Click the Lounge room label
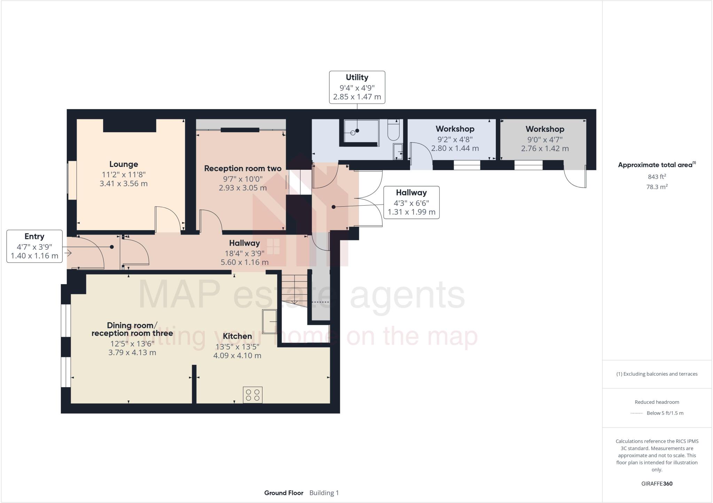[x=124, y=164]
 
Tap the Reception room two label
[x=243, y=168]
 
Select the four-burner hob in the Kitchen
[x=253, y=395]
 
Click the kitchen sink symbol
[x=269, y=321]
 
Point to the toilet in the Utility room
[x=394, y=130]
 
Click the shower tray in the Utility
[x=361, y=131]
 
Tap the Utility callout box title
[x=357, y=77]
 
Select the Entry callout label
[x=34, y=236]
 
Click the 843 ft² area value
[x=657, y=177]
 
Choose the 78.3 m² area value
[x=657, y=187]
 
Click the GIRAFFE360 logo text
[x=657, y=484]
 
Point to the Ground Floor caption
[x=283, y=493]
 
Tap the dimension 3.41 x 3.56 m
[x=124, y=183]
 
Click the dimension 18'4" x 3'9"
[x=244, y=253]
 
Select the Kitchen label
[x=237, y=336]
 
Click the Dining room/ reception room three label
[x=132, y=329]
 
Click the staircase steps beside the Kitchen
[x=295, y=290]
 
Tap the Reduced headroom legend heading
[x=657, y=402]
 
